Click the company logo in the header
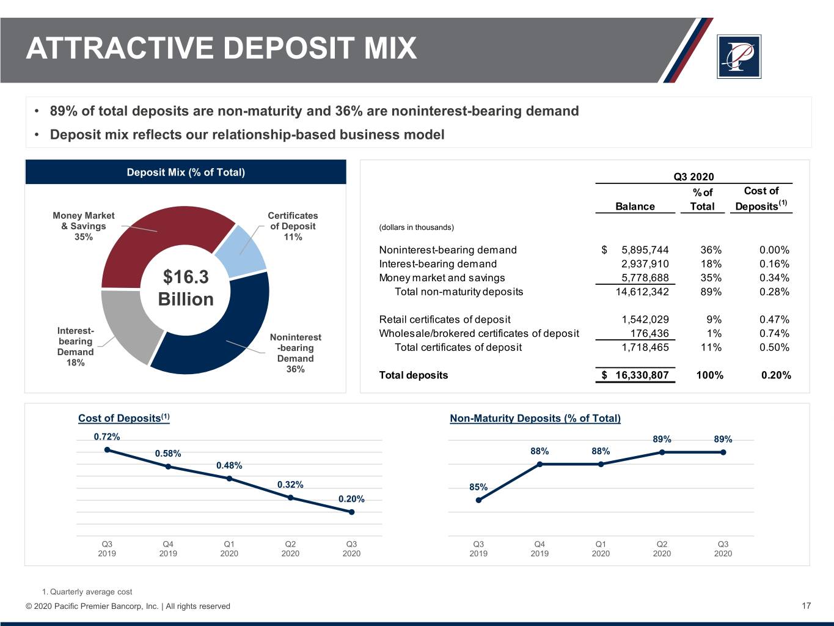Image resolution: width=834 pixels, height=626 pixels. tap(739, 57)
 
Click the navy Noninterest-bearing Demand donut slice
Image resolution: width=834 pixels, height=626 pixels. tap(226, 342)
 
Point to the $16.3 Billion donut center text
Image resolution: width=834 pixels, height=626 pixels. tap(186, 288)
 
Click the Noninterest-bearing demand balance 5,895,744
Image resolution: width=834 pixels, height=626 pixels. tap(645, 250)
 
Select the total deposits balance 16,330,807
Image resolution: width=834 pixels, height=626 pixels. tap(642, 375)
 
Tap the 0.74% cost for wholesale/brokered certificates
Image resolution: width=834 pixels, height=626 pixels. tap(774, 334)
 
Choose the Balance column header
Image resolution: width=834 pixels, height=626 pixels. tap(635, 207)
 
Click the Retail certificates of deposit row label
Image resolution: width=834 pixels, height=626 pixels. tap(445, 320)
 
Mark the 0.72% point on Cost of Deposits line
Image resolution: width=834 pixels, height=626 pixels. tap(108, 450)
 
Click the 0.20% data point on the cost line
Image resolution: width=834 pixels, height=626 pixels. tap(352, 512)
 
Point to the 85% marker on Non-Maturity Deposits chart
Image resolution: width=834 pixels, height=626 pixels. tap(478, 500)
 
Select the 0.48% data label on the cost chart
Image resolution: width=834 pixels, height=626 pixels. tap(229, 466)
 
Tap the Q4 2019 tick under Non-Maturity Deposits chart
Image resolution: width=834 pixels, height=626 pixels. tap(540, 549)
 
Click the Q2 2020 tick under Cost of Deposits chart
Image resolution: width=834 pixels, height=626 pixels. tap(290, 549)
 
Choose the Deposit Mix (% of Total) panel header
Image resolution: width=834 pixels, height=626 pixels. tap(186, 172)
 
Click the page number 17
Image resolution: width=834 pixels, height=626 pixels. tap(806, 606)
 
